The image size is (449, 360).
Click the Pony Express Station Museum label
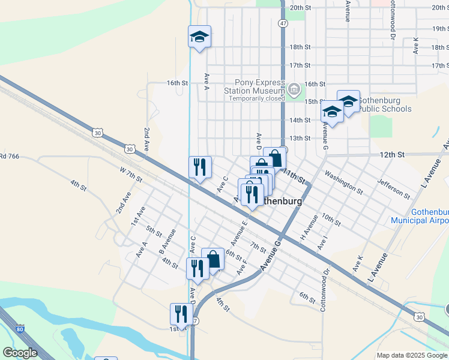[261, 86]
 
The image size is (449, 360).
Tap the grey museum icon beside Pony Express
[294, 90]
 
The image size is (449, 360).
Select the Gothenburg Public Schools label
[381, 104]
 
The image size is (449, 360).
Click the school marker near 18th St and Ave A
[199, 37]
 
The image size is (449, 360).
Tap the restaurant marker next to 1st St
[178, 313]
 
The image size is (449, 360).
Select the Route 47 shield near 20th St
[283, 22]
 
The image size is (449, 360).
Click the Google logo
[20, 353]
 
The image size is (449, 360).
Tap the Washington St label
[343, 182]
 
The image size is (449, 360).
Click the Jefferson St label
[393, 188]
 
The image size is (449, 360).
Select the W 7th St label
[131, 175]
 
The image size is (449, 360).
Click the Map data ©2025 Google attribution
[412, 355]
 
